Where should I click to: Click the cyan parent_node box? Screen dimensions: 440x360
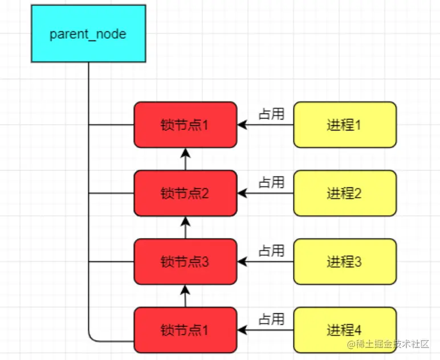(x=88, y=34)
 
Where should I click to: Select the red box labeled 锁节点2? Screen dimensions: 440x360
(x=185, y=193)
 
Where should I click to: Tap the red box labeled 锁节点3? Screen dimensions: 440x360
(x=185, y=261)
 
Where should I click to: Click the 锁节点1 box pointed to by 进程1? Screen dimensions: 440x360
(x=185, y=125)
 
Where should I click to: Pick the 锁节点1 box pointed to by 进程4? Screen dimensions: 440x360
(x=185, y=330)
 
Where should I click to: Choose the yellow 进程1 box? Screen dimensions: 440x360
(x=345, y=125)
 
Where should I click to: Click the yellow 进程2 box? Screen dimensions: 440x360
(x=345, y=193)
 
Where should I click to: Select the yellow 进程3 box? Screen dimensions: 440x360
(x=345, y=261)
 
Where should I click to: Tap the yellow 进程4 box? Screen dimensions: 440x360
(x=345, y=330)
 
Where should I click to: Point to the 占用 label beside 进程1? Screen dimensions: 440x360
(x=271, y=114)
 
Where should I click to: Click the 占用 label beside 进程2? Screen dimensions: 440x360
(x=271, y=182)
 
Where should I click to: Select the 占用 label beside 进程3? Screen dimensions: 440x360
(x=271, y=251)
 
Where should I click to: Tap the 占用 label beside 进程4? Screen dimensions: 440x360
(x=271, y=319)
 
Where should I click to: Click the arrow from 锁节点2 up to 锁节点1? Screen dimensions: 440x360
(x=185, y=159)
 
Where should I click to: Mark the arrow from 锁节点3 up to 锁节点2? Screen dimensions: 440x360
(x=185, y=227)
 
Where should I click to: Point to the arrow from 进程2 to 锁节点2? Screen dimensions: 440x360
(x=266, y=193)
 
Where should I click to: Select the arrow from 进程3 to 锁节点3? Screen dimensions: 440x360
(x=266, y=261)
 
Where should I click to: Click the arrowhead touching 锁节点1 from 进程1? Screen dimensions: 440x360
(x=242, y=125)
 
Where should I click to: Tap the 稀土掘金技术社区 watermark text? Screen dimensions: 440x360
(x=388, y=344)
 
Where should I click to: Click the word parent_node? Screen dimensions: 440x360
(x=88, y=35)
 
